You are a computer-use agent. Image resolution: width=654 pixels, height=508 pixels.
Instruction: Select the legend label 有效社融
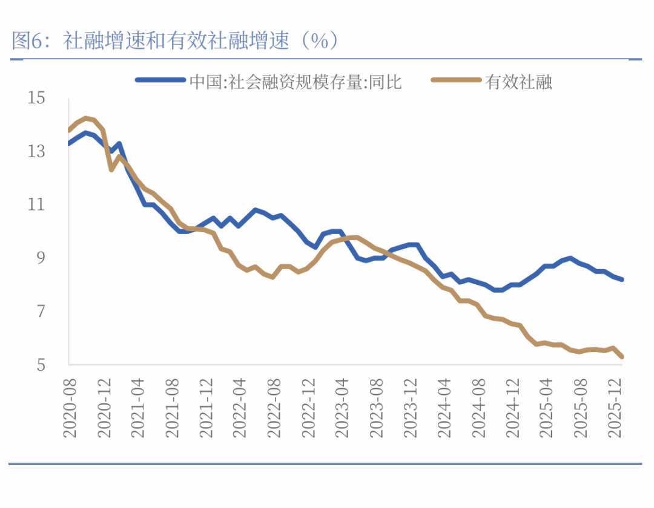(x=519, y=82)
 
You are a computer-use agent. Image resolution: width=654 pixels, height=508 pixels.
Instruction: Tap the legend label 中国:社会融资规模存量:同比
(x=296, y=82)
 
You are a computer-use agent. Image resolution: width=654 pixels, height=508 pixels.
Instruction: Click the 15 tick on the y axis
(x=37, y=97)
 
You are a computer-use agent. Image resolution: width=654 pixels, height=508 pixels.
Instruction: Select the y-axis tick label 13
(x=37, y=151)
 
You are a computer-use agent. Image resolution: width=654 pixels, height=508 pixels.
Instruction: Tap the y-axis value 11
(x=37, y=204)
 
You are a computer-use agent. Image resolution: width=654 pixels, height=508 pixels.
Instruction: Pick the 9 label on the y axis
(x=41, y=258)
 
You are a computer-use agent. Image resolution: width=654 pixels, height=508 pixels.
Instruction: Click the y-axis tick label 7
(x=41, y=311)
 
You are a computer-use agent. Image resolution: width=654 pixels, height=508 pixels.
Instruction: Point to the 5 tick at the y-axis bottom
(x=41, y=365)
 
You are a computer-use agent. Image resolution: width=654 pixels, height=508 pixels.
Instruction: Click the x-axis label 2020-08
(x=70, y=406)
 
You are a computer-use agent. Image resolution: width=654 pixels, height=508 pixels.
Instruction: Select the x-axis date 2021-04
(x=138, y=406)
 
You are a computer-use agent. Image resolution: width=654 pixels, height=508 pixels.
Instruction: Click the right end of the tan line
(x=622, y=357)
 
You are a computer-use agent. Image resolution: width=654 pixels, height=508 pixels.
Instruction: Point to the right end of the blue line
(x=622, y=279)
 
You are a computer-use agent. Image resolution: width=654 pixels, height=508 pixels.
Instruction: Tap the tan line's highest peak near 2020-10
(x=86, y=118)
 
